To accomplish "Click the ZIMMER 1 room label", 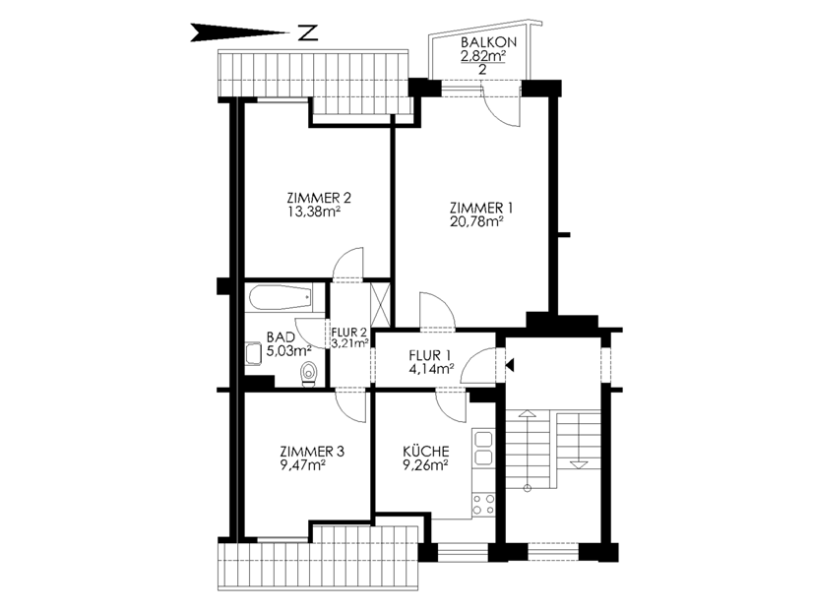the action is click(x=481, y=209).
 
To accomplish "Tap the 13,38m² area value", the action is click(x=314, y=212).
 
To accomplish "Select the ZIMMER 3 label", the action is click(x=311, y=452).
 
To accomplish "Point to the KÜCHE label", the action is click(x=426, y=451).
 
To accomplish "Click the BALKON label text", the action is click(x=488, y=42).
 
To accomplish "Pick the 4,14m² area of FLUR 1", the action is click(x=432, y=369).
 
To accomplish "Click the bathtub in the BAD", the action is click(x=281, y=298).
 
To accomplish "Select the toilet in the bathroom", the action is click(x=309, y=374).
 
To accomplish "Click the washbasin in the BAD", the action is click(x=254, y=353).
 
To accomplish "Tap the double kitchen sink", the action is click(x=483, y=449).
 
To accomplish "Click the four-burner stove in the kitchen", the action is click(x=483, y=505).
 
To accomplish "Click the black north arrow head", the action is click(x=239, y=32).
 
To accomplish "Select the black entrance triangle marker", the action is click(x=510, y=365).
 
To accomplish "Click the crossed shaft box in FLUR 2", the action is click(x=380, y=304).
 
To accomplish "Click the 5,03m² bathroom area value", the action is click(x=289, y=350).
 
